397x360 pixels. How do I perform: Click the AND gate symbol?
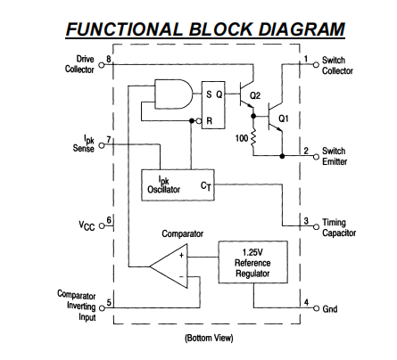point(173,94)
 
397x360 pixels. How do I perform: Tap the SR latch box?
point(213,105)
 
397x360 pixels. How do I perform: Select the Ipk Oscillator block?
point(178,185)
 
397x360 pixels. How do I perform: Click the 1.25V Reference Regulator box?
point(253,262)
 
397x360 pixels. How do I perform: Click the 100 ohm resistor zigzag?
point(253,138)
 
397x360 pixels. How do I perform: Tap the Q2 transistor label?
point(255,95)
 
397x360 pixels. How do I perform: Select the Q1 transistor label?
point(284,119)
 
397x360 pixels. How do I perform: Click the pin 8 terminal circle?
point(102,65)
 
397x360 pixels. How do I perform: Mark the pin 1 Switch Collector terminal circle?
point(316,65)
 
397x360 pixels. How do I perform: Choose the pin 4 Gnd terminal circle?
point(316,307)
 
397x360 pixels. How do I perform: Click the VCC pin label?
point(87,225)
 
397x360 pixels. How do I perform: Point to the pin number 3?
point(306,221)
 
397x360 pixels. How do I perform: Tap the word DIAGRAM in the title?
point(302,29)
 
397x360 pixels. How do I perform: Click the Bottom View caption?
point(209,338)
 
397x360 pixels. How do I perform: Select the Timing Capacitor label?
point(339,227)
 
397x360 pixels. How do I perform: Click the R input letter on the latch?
point(210,121)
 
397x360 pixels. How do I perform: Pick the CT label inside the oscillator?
point(206,186)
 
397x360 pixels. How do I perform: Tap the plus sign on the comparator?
point(181,256)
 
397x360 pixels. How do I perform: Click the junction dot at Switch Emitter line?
point(282,155)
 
